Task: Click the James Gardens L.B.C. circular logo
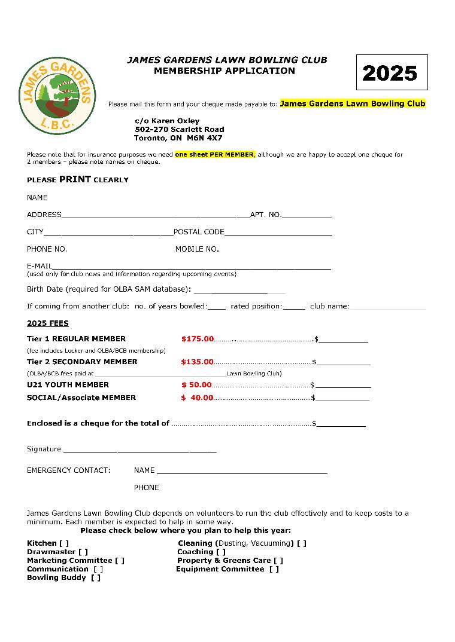(57, 96)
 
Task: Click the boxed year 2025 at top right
(391, 72)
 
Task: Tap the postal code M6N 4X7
(204, 137)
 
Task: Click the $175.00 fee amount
(197, 339)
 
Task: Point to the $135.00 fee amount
(197, 362)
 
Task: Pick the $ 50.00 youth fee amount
(197, 385)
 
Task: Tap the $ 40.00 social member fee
(197, 398)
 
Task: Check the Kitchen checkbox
(64, 543)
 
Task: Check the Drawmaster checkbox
(83, 552)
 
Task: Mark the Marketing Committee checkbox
(120, 561)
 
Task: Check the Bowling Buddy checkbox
(96, 577)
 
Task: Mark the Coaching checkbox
(221, 552)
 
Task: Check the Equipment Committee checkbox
(274, 569)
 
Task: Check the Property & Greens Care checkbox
(278, 561)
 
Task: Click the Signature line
(139, 450)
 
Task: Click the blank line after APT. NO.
(306, 215)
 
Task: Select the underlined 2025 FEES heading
(48, 323)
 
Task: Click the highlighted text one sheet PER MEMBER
(215, 154)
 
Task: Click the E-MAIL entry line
(192, 267)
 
